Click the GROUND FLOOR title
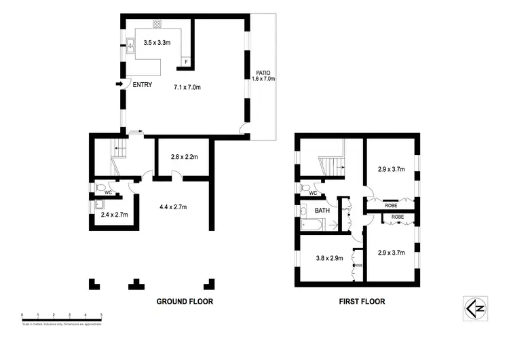pos(185,302)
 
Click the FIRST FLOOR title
pos(362,302)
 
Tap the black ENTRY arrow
pos(120,84)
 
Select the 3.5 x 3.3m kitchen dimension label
pos(158,42)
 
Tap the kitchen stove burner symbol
pos(157,24)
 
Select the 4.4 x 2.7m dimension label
pos(172,206)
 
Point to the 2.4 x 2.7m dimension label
pos(114,215)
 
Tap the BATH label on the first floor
pos(322,211)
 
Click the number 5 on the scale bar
pos(102,314)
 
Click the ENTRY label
pos(143,85)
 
